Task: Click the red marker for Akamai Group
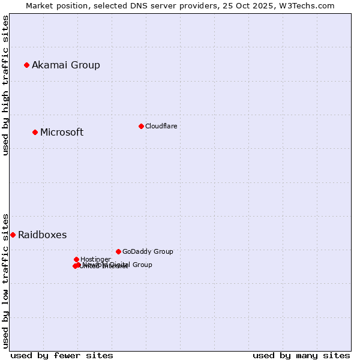(26, 65)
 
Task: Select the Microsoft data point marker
(35, 132)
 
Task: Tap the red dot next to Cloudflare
(141, 126)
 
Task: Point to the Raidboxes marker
(13, 235)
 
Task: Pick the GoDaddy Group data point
(118, 251)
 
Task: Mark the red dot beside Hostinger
(76, 259)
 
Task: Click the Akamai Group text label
(66, 65)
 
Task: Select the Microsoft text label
(62, 132)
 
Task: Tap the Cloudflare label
(161, 126)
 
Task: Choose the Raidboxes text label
(42, 235)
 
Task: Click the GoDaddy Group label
(148, 251)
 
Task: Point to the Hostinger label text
(95, 259)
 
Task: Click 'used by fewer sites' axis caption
(62, 355)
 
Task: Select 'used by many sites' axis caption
(301, 355)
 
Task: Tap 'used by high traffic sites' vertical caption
(5, 85)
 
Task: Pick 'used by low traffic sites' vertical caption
(5, 280)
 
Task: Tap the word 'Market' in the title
(39, 5)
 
